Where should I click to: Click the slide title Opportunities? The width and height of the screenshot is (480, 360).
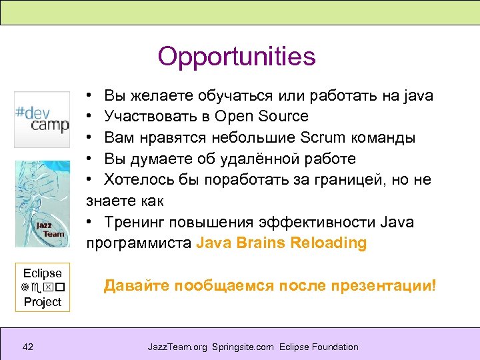(237, 57)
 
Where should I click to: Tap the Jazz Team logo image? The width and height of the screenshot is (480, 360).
(42, 203)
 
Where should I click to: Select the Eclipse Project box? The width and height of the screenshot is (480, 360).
(42, 287)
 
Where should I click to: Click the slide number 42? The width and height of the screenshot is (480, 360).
(28, 347)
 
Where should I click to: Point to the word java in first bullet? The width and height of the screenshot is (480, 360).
(418, 95)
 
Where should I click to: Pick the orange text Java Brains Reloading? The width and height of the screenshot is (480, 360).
(281, 243)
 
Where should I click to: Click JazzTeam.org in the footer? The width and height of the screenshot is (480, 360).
(177, 347)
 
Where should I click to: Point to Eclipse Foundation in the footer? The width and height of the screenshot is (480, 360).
(319, 347)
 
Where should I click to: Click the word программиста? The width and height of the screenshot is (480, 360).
(138, 243)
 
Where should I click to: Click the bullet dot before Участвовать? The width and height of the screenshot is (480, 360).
(89, 117)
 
